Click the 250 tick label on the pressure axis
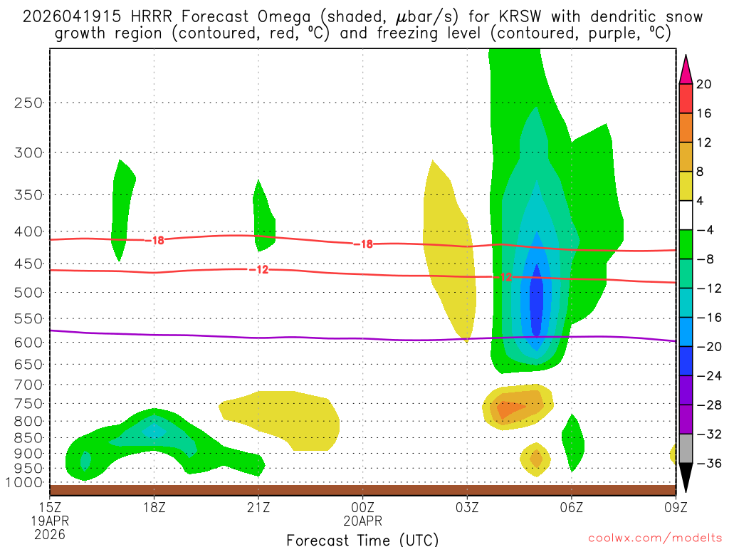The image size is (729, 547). (28, 103)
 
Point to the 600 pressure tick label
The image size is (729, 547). (28, 343)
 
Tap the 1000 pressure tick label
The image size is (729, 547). (23, 483)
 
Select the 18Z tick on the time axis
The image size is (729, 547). (154, 507)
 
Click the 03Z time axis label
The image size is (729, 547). (467, 507)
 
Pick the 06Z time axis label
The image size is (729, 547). (572, 507)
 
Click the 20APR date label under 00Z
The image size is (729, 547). (363, 521)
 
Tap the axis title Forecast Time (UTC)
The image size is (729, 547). (362, 539)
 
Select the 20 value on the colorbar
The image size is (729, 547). (704, 84)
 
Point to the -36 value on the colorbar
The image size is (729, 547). (706, 464)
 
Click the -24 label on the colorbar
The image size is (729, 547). (706, 376)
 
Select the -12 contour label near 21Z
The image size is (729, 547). (258, 269)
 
